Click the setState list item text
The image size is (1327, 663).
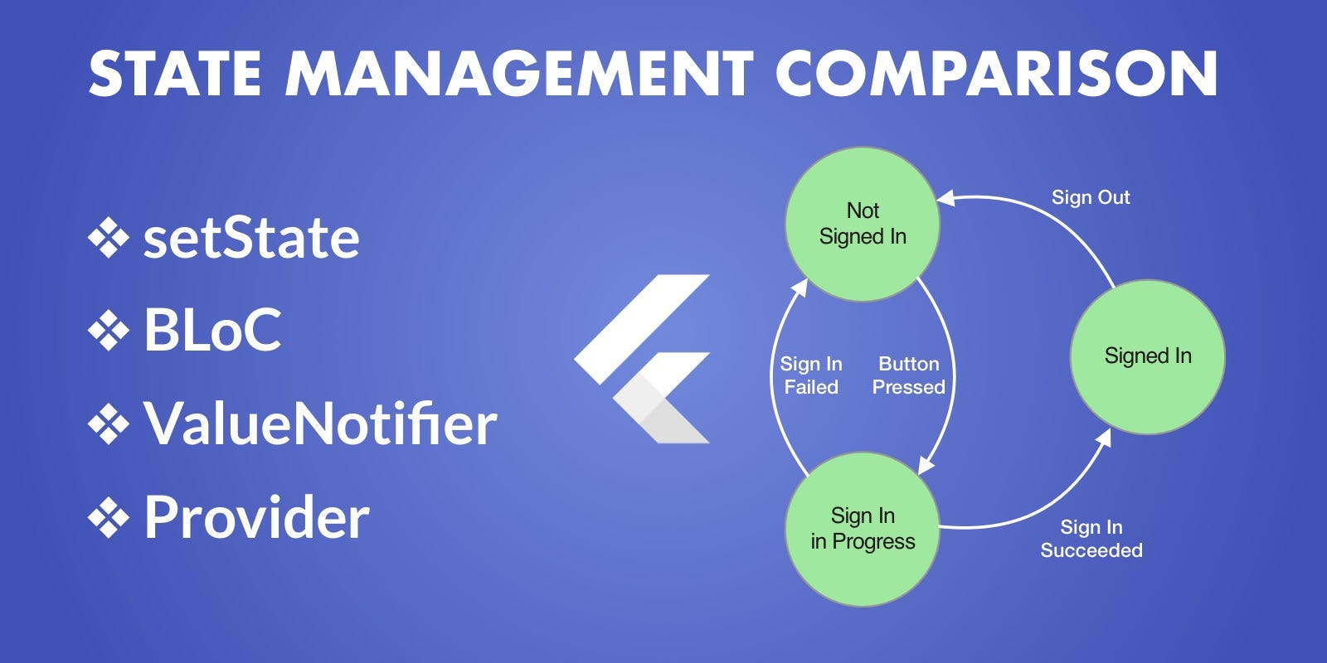(251, 238)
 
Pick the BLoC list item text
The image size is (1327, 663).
(212, 330)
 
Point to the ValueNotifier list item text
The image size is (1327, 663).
(320, 423)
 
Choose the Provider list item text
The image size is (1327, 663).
(256, 517)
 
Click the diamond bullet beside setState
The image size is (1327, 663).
(109, 239)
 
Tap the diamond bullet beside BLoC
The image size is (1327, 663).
(109, 331)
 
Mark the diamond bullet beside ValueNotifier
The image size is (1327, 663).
(109, 424)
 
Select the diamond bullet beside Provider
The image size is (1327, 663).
(109, 518)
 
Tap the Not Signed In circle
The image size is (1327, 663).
(863, 224)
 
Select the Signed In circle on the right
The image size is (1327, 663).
(1147, 356)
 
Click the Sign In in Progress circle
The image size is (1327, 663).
(863, 529)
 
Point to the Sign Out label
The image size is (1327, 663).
(1091, 197)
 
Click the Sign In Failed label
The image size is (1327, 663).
(811, 375)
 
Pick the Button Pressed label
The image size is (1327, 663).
(908, 375)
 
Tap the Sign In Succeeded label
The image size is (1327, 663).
(1091, 539)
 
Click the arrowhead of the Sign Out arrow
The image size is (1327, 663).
(945, 198)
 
